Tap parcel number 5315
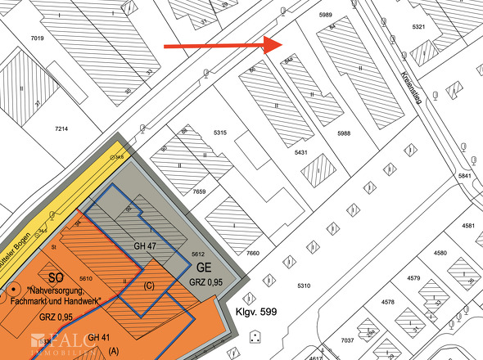tap(219, 133)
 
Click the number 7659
tap(201, 191)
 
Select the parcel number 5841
tap(466, 176)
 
